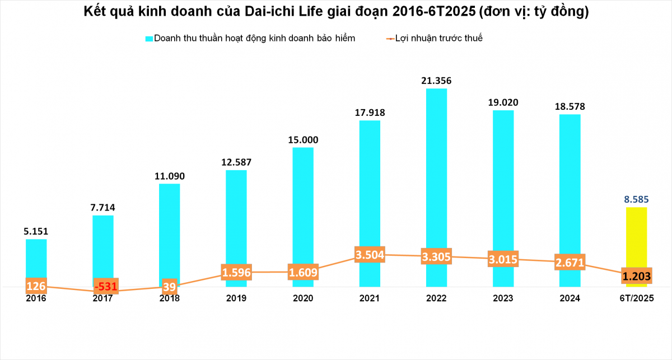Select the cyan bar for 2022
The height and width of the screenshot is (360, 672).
(x=436, y=168)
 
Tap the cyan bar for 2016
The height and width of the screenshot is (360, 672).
(x=36, y=258)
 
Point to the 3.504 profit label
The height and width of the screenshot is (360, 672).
(x=370, y=255)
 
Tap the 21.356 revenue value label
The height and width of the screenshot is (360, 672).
(x=436, y=81)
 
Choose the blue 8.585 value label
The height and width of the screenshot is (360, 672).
(x=636, y=199)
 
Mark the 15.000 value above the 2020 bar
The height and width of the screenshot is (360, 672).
(x=303, y=139)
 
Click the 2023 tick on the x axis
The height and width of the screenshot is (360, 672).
(x=503, y=299)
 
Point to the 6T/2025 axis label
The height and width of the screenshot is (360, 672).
(x=636, y=299)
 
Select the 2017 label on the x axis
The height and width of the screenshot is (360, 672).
(x=103, y=299)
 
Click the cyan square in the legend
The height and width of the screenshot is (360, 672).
(x=149, y=39)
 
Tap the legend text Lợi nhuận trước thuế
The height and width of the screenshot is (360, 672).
(x=438, y=39)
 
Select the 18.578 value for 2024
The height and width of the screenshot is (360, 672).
(x=570, y=106)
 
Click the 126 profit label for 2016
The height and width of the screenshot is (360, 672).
(x=36, y=286)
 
